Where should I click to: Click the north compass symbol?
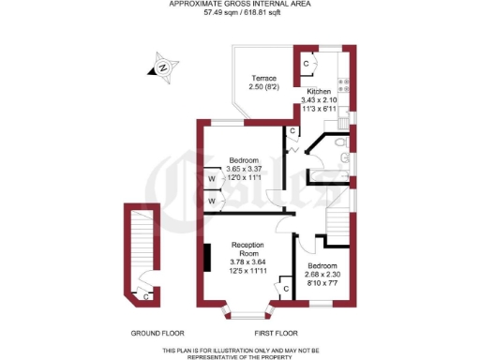pyautogui.click(x=163, y=67)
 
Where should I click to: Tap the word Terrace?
pyautogui.click(x=263, y=78)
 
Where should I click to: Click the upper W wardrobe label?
pyautogui.click(x=212, y=179)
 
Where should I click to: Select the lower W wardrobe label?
pyautogui.click(x=212, y=201)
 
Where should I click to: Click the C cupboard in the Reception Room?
pyautogui.click(x=284, y=291)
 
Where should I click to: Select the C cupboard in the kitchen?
pyautogui.click(x=307, y=62)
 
